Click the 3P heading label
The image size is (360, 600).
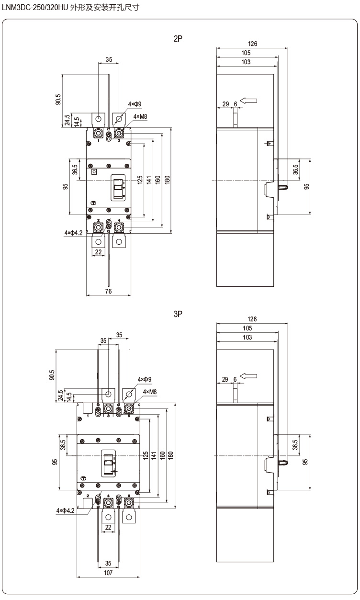pos(178,314)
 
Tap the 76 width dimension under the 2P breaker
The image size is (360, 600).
pos(108,291)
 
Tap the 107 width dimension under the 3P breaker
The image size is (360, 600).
pos(108,573)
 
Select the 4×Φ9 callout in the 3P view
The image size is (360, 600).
pos(144,379)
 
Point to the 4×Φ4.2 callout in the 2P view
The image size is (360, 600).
pos(74,233)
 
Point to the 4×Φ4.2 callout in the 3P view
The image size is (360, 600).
pos(65,510)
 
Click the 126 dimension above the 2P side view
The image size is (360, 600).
pos(252,44)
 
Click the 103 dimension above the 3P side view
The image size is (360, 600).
pos(247,337)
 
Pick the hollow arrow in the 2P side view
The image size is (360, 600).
pos(248,101)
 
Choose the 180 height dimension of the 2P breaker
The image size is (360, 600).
pos(168,180)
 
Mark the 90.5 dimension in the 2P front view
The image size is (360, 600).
pos(58,99)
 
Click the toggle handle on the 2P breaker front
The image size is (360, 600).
pos(118,188)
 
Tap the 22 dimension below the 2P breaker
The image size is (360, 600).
pos(98,252)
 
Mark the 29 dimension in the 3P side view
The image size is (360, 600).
pos(225,379)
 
